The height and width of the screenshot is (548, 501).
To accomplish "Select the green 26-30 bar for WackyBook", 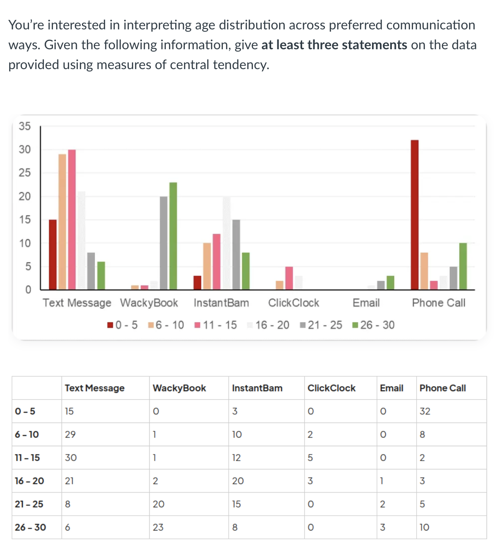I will point(173,236).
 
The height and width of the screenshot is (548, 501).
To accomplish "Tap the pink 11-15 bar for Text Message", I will point(72,219).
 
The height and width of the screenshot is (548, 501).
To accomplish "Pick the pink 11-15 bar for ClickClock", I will point(289,278).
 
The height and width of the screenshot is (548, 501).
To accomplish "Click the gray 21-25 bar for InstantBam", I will point(236,255).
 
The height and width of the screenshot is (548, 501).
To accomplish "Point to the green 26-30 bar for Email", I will point(390,283).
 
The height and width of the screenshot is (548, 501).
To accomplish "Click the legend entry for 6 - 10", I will point(166,325).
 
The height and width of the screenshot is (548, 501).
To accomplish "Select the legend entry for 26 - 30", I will point(374,325).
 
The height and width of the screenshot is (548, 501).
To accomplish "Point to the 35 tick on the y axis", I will point(25,126).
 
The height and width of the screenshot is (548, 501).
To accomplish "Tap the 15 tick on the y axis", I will point(25,220).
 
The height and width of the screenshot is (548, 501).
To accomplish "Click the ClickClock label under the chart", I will point(293,303).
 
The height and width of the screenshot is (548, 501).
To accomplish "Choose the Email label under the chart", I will point(366,303).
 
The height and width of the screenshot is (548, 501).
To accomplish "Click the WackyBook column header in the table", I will point(179,388).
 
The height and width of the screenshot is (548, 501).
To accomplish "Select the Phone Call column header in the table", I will point(442,388).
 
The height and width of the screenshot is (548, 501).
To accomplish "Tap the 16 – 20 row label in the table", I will point(29,481).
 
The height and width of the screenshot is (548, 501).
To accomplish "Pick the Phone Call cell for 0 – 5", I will point(425,411).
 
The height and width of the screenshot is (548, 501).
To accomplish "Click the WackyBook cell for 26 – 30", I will point(158,527).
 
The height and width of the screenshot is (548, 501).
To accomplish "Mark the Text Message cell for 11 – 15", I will point(71,458).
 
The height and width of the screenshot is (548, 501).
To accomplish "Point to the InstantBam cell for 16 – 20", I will point(238,481).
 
